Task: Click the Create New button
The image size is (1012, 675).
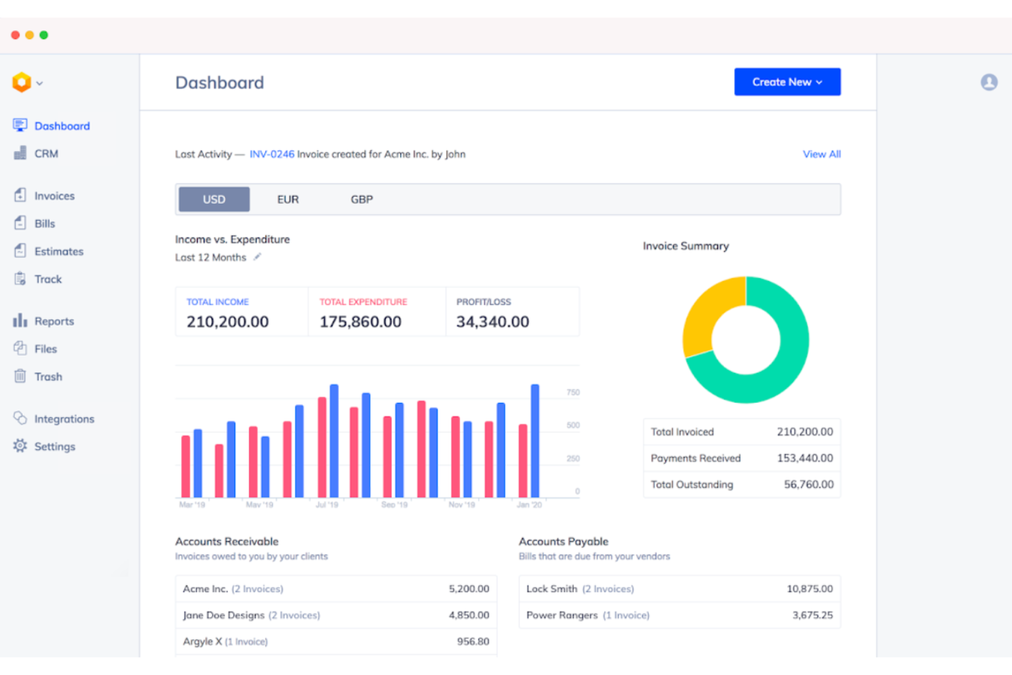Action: click(x=787, y=82)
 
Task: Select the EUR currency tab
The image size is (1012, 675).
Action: click(x=288, y=200)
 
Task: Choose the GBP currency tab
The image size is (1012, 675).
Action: click(x=362, y=200)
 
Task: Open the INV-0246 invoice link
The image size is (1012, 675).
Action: click(x=271, y=155)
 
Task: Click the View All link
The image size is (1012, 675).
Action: click(x=821, y=155)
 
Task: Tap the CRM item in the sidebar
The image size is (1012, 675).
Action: click(x=46, y=154)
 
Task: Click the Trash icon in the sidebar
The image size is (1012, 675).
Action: click(x=21, y=377)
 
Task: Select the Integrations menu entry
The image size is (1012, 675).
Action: click(x=64, y=419)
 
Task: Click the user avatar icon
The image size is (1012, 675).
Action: click(x=989, y=82)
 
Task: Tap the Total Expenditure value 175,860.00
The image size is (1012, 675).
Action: click(x=360, y=322)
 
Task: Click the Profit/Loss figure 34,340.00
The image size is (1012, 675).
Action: click(x=492, y=322)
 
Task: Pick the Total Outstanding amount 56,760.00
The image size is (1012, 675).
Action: click(x=808, y=485)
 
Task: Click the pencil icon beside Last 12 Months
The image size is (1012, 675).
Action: click(x=258, y=257)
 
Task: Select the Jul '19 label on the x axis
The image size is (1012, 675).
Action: click(x=327, y=505)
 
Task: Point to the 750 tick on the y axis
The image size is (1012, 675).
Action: click(x=573, y=393)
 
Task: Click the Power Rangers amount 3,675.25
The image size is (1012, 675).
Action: click(x=812, y=616)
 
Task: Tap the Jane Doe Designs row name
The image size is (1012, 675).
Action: click(x=224, y=616)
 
